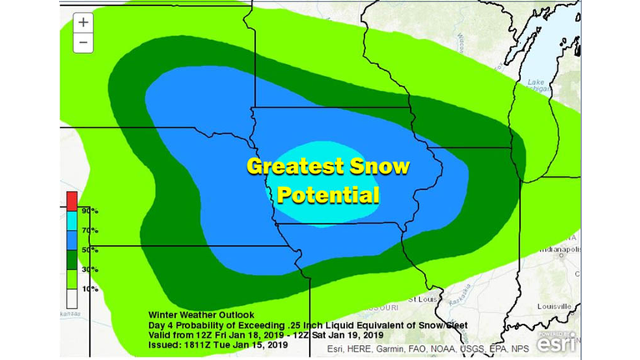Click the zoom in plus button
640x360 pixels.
point(83,23)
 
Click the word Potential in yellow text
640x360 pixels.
point(328,196)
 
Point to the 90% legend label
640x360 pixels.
point(85,212)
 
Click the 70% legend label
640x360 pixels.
point(85,231)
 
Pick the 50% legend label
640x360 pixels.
point(85,250)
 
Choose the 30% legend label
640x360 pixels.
point(85,269)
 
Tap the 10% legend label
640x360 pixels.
point(85,288)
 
